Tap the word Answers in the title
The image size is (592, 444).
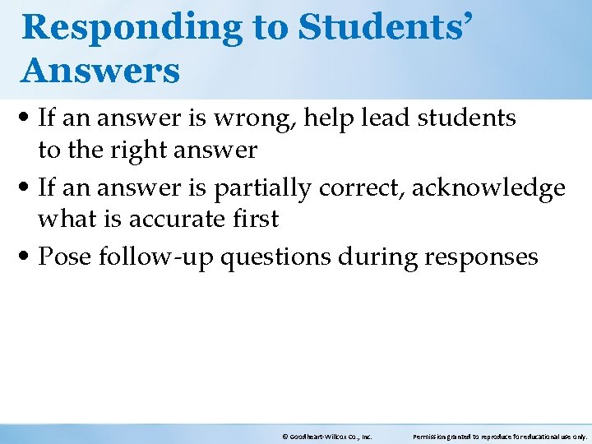pos(100,71)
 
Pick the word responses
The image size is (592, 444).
pos(481,257)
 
